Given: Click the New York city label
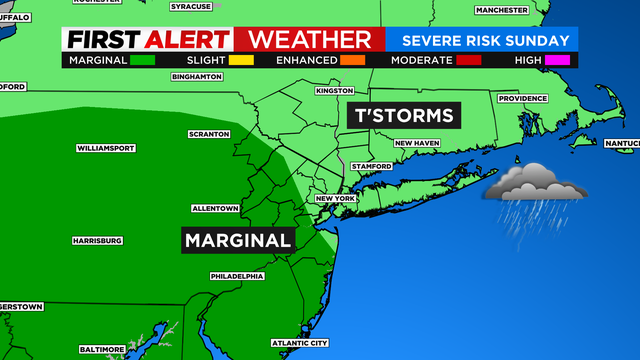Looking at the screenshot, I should point(336,198).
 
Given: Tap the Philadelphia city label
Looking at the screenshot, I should point(237,275).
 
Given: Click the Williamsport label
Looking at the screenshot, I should point(105,148).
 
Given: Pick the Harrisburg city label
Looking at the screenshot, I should point(97,241).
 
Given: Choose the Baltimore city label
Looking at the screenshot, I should point(102,348).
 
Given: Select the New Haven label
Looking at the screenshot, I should point(417,143).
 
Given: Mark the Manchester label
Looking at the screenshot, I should point(501,10).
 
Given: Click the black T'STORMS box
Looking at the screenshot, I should point(401,115).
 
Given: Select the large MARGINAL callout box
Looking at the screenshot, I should point(238,240).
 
